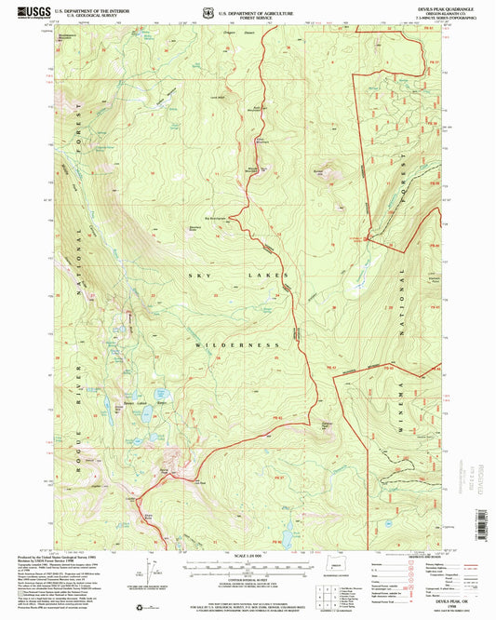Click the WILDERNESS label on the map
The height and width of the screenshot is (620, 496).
click(x=236, y=344)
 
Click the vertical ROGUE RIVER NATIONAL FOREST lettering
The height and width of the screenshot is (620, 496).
click(x=80, y=279)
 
